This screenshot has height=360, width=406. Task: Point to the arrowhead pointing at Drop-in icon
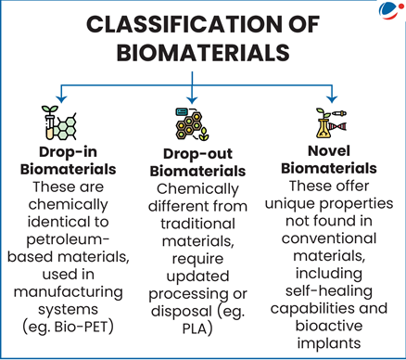click(x=60, y=98)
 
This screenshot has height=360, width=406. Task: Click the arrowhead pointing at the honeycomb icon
click(x=192, y=98)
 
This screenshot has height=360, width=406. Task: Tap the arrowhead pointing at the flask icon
click(x=330, y=98)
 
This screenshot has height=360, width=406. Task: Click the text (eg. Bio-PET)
click(x=66, y=326)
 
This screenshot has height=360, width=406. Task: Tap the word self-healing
click(x=331, y=291)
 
